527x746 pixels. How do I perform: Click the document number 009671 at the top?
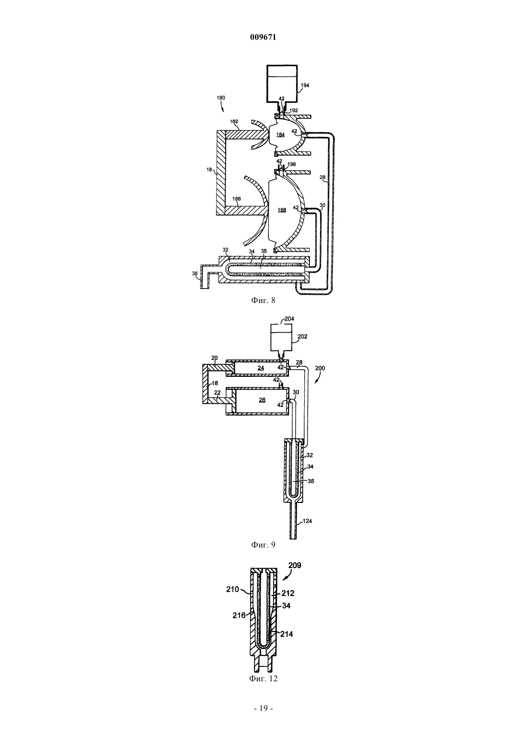(x=263, y=37)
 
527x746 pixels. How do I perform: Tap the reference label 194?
(x=305, y=85)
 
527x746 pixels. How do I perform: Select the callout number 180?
(x=220, y=98)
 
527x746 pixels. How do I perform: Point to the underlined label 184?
(x=280, y=135)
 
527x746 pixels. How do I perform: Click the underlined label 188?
(x=282, y=210)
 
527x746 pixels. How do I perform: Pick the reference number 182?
(x=234, y=121)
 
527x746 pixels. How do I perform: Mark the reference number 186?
(x=237, y=199)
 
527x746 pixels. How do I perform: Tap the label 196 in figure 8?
(x=291, y=164)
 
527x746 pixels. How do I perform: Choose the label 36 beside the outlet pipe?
(x=195, y=273)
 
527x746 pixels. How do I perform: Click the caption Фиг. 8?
(x=263, y=301)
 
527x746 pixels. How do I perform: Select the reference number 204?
(x=289, y=319)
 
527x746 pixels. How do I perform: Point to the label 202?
(x=302, y=337)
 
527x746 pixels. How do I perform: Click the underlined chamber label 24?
(x=261, y=368)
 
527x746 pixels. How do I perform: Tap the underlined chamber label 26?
(x=262, y=400)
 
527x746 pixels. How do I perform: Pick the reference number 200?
(x=320, y=368)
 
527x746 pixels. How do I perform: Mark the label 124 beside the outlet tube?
(x=308, y=521)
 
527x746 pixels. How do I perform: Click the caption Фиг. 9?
(x=263, y=545)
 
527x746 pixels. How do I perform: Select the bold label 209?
(x=295, y=565)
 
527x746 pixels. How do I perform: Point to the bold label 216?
(x=240, y=615)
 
